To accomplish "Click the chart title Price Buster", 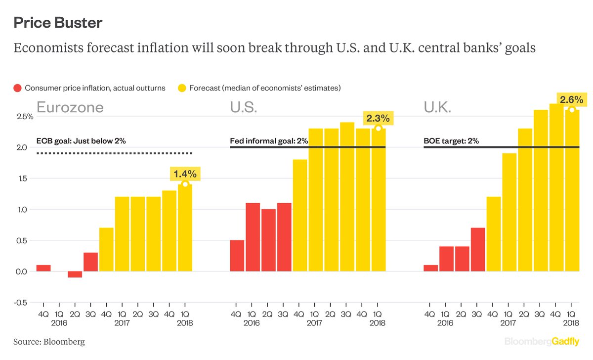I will (x=58, y=23).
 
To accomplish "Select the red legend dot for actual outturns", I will (x=17, y=88).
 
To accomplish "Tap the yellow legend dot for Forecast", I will (x=181, y=88).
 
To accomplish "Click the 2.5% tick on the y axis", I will (x=23, y=116).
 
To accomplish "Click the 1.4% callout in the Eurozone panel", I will (x=185, y=174).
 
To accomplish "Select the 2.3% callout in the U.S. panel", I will (x=378, y=118).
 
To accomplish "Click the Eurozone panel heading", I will (x=70, y=107).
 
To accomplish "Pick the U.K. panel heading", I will (x=437, y=107).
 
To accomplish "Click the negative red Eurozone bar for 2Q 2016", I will (x=75, y=274).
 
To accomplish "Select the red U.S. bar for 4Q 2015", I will (x=237, y=256).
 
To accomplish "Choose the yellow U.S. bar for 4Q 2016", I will (x=300, y=215).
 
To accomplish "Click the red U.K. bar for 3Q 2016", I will (x=478, y=250).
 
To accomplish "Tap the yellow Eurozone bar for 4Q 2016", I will (x=106, y=249).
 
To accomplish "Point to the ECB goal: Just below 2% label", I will (x=81, y=141).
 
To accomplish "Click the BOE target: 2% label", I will (x=451, y=141).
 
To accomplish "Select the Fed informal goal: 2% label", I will (x=269, y=141).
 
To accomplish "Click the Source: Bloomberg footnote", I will (x=49, y=342).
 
